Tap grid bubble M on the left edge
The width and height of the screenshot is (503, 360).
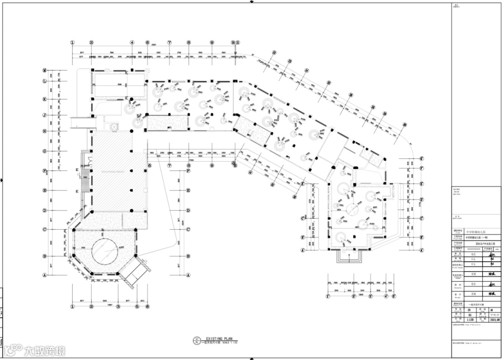click(x=45, y=70)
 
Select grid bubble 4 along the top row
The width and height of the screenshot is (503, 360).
click(x=132, y=42)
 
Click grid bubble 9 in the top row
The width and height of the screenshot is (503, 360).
click(x=212, y=42)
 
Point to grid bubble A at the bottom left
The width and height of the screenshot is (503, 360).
click(x=45, y=275)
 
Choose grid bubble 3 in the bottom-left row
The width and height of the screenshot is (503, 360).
click(x=118, y=306)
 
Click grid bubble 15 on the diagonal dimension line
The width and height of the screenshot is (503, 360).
click(x=328, y=82)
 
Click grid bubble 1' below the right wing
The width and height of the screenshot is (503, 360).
click(x=328, y=296)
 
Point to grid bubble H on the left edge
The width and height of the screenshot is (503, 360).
click(x=45, y=131)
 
